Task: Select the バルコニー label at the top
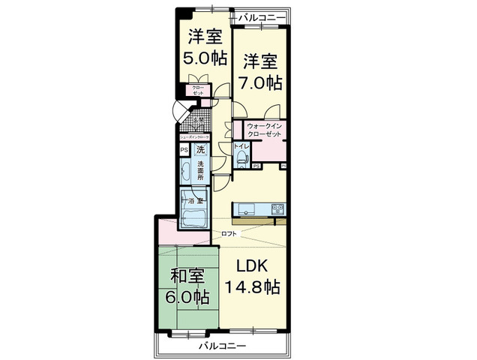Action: click(x=262, y=16)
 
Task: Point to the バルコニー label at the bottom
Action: click(x=222, y=346)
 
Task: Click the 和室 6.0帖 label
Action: click(x=187, y=286)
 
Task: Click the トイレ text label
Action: click(x=241, y=146)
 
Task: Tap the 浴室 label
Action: click(x=196, y=202)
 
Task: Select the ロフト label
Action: click(x=229, y=233)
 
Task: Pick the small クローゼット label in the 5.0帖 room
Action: click(x=198, y=91)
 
